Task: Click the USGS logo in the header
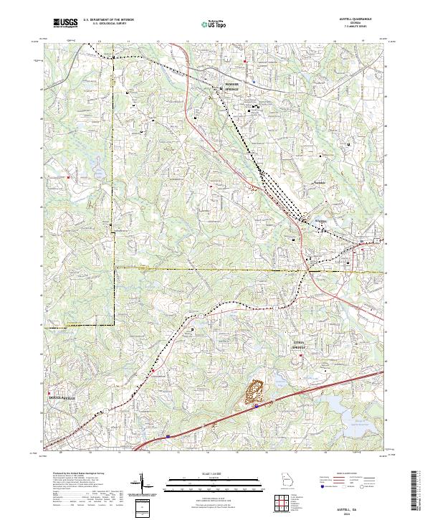point(65,24)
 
